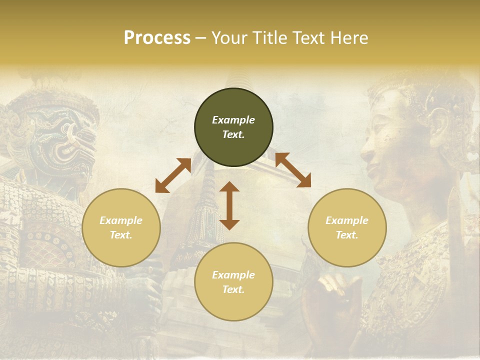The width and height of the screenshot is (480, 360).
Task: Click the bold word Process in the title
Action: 157,38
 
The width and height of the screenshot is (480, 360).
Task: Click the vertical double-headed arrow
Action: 229,205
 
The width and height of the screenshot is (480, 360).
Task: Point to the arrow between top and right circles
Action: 293,170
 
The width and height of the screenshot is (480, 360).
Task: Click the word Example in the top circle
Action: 233,120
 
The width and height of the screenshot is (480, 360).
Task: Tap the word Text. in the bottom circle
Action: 233,289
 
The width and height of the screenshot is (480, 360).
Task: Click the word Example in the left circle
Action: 121,220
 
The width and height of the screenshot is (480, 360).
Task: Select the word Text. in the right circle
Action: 347,235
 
